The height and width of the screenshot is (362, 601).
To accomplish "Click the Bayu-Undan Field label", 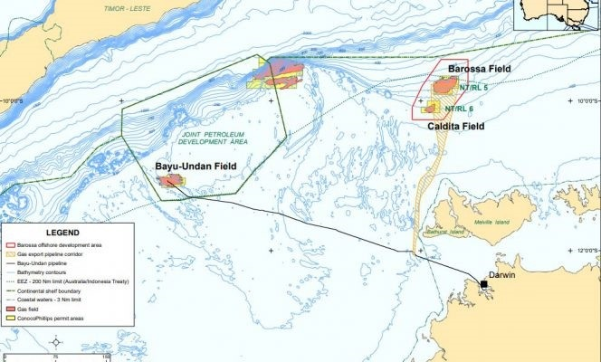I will coord(195,167).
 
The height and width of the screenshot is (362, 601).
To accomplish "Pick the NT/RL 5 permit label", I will coord(472,88).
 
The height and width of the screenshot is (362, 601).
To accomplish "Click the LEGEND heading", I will coord(44,233).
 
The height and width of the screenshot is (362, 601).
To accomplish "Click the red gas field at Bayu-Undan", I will coord(170,181).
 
